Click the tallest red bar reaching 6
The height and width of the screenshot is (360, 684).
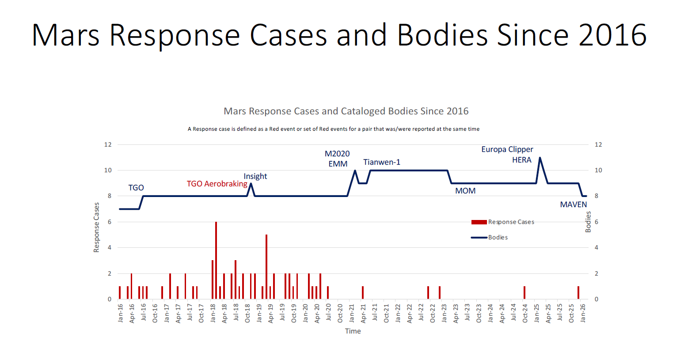point(216,260)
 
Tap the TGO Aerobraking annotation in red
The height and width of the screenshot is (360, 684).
point(217,184)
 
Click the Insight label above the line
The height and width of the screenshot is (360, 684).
point(255,176)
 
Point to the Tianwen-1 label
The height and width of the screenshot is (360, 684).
point(382,162)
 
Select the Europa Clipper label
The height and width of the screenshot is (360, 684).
point(507,149)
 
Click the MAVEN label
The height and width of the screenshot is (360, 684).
point(574,205)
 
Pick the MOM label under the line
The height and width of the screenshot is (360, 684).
point(465,191)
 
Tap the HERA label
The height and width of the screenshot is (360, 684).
point(522,160)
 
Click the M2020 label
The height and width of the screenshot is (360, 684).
point(337,154)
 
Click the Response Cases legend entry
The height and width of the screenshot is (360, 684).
point(511,222)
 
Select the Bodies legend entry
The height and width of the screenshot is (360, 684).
point(498,238)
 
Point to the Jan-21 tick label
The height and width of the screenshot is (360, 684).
point(352,313)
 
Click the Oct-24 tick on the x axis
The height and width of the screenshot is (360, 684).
point(525,313)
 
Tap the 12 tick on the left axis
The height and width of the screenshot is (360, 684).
point(108,144)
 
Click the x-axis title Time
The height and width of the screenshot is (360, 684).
point(353,331)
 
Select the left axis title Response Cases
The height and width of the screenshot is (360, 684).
point(96,227)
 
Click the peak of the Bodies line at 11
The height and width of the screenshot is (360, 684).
point(540,158)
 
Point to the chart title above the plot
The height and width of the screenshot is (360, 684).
point(346,111)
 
